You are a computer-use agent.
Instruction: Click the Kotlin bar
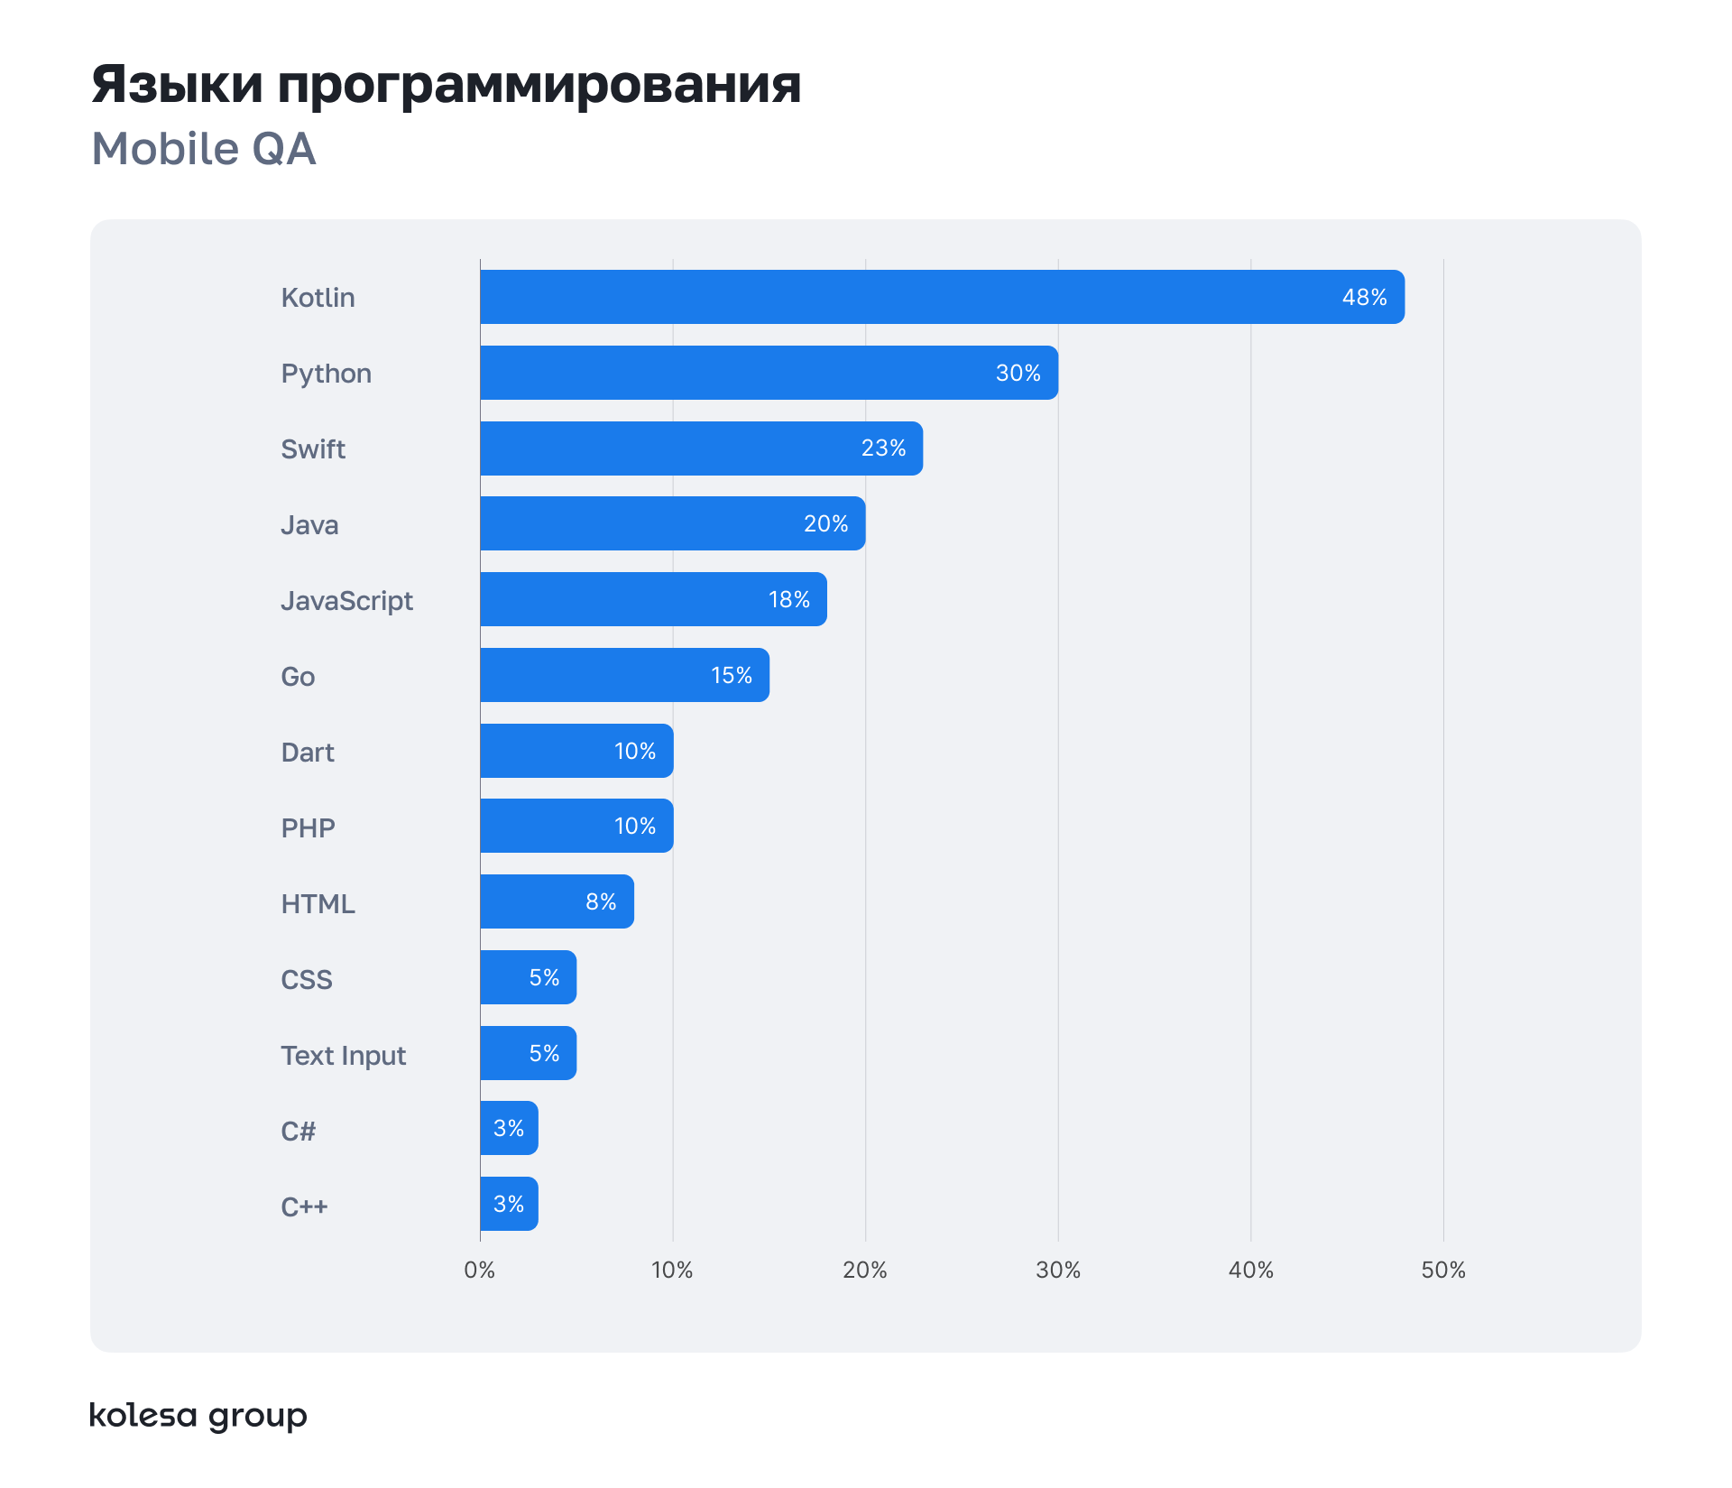click(x=942, y=297)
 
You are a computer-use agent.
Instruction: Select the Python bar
click(x=769, y=373)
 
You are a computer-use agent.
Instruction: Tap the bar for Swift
click(x=701, y=448)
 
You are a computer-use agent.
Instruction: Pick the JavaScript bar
click(x=653, y=599)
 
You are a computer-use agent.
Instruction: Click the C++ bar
click(x=509, y=1204)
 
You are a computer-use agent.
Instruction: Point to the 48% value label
click(x=1364, y=297)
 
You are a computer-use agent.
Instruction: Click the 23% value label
click(x=883, y=448)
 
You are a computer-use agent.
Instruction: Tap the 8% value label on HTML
click(x=601, y=901)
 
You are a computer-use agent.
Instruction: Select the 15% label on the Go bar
click(x=731, y=675)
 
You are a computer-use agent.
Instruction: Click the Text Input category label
click(x=343, y=1055)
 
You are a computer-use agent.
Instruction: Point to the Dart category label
click(x=307, y=752)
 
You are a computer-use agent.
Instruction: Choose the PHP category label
click(x=308, y=827)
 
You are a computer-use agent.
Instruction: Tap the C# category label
click(x=298, y=1131)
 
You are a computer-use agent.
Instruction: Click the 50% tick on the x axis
click(x=1442, y=1270)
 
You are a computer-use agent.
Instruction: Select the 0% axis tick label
click(x=479, y=1270)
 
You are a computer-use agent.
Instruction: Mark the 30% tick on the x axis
click(x=1057, y=1270)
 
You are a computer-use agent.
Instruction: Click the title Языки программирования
click(x=447, y=84)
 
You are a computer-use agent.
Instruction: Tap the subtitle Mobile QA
click(x=204, y=149)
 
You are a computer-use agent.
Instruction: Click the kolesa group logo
click(x=198, y=1415)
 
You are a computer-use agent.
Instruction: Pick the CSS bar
click(x=528, y=977)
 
